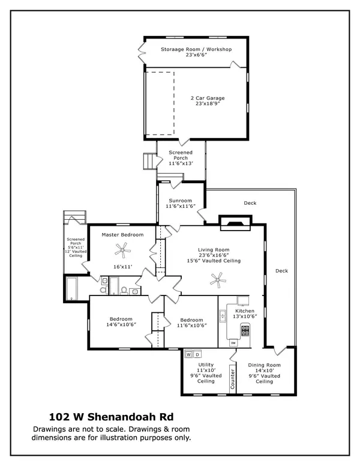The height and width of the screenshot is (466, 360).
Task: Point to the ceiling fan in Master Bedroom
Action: coord(123,247)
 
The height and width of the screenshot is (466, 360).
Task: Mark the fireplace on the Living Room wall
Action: coord(233,224)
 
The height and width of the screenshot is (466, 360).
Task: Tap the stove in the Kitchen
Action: coord(245,329)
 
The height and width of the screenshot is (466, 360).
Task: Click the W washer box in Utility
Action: coord(188,354)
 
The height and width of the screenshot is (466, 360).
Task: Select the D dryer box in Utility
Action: coord(197,354)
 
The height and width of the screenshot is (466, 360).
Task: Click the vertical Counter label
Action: coord(233,378)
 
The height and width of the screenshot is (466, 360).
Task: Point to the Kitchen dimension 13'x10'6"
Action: coord(244,317)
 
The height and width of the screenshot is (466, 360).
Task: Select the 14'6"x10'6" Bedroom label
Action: coord(121,322)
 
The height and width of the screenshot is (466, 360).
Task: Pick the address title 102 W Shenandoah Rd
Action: coord(111,417)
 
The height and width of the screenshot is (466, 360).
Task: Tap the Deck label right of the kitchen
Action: coord(281,271)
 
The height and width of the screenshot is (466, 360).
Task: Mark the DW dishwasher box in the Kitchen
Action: coord(233,343)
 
